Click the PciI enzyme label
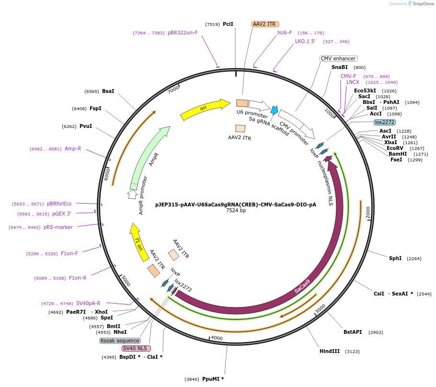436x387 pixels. coord(228,24)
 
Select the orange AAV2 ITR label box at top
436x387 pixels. coord(265,24)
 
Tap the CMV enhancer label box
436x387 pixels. coord(338,58)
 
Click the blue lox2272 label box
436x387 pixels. coord(385,122)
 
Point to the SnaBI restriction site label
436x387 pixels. coord(340,68)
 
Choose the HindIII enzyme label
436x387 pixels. coord(330,351)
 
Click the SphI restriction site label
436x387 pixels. coord(395,258)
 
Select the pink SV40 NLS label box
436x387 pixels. coord(136,348)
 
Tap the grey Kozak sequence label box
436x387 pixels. coord(120,341)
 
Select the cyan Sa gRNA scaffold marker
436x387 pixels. coord(274,110)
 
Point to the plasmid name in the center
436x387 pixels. coord(236,204)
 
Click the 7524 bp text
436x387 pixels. coord(236,210)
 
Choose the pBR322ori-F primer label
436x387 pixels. coord(183,33)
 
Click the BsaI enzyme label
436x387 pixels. coord(108,91)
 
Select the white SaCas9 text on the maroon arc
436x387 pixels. coord(302,286)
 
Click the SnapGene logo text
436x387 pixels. coord(422,3)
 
